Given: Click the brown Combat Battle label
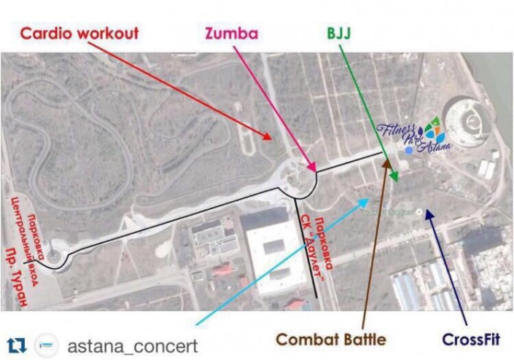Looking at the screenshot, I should click(330, 340).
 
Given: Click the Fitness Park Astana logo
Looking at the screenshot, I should click(414, 136).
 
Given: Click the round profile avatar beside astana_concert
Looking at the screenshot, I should click(47, 345).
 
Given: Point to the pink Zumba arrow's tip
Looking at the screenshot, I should click(314, 171).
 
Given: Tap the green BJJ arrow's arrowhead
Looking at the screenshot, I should click(395, 180).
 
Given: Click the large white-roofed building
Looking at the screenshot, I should click(269, 248).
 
